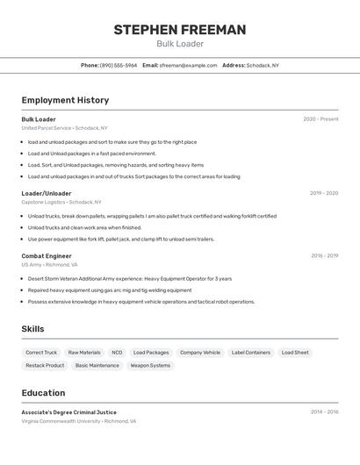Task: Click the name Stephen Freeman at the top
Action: [x=180, y=30]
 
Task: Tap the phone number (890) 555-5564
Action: [x=119, y=65]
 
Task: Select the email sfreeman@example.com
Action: [x=188, y=65]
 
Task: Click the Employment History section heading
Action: [x=65, y=100]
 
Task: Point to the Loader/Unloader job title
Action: [x=47, y=193]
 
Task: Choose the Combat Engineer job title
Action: [x=47, y=256]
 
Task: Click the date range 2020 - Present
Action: [x=320, y=119]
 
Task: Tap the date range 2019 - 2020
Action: [x=324, y=193]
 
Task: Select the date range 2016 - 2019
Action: [x=324, y=256]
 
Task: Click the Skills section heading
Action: [x=33, y=329]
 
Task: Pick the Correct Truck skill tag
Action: [x=41, y=353]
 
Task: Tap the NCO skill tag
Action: [x=117, y=353]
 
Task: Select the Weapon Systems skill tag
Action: [x=150, y=365]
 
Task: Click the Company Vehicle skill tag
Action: [x=200, y=353]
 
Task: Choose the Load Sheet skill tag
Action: [x=295, y=353]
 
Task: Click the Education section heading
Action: [x=43, y=393]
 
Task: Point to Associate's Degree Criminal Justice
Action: [x=68, y=412]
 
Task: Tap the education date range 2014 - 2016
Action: [x=324, y=411]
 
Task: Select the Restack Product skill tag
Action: [x=45, y=365]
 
